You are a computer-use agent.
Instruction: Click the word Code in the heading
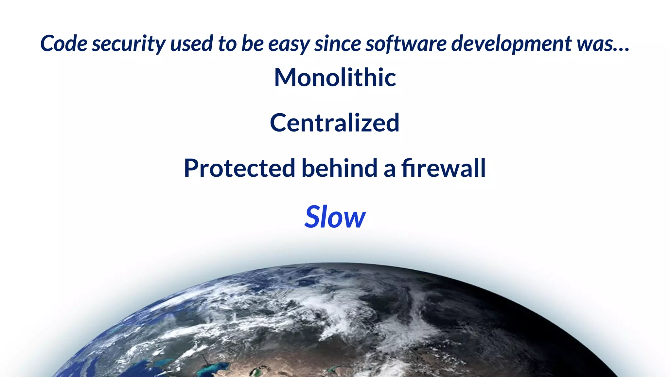tap(64, 44)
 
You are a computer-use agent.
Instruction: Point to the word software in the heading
tap(406, 44)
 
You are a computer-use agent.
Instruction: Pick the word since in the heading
tap(337, 44)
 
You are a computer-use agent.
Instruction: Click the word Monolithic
tap(335, 78)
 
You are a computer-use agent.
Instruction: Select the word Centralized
tap(335, 123)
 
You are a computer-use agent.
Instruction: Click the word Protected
tap(239, 168)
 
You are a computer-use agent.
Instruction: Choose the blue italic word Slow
tap(335, 217)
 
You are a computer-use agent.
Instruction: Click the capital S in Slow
tap(313, 217)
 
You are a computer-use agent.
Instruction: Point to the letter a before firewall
tap(389, 170)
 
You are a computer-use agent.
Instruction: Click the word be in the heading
tap(252, 44)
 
